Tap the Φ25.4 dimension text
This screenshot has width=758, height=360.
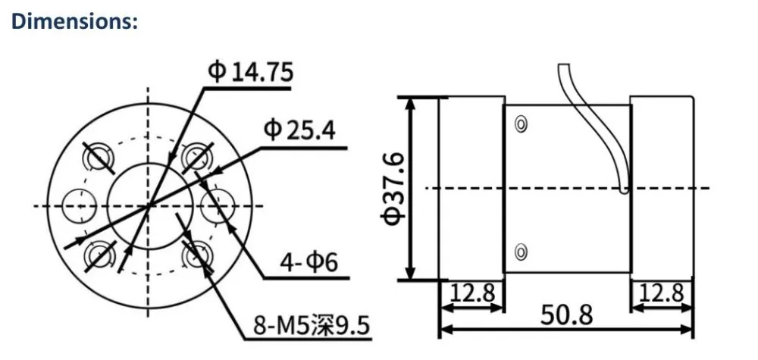point(299,130)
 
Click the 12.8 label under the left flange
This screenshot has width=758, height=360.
point(471,292)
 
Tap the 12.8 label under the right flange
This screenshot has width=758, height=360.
point(662,292)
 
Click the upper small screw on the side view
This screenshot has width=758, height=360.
point(521,124)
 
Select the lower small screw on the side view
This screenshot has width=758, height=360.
point(521,251)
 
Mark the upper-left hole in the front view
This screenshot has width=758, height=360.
point(99,158)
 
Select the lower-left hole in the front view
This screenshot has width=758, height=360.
point(99,252)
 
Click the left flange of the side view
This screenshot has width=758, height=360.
point(471,188)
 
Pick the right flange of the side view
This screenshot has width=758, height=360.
point(662,188)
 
